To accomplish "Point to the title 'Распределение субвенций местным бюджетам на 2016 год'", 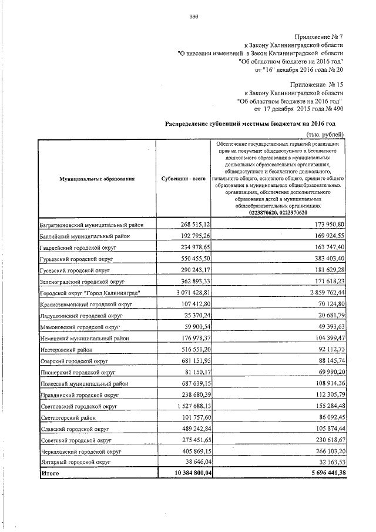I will pos(251,124).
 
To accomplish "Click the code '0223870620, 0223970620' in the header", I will pos(277,213).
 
